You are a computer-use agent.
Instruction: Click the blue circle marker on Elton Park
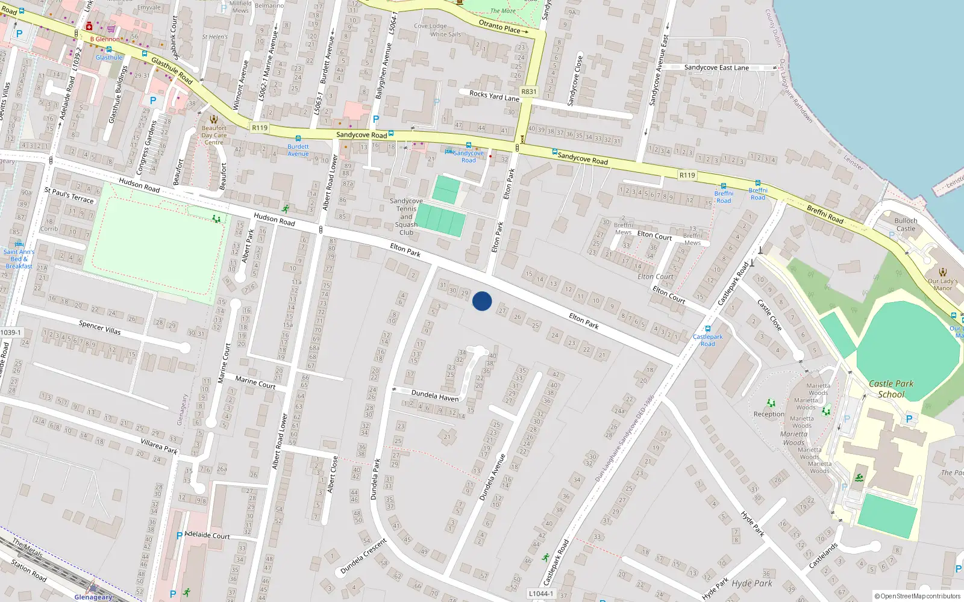coord(482,301)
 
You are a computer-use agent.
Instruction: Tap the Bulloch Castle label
coord(906,225)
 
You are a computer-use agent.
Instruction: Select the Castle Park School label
coord(891,389)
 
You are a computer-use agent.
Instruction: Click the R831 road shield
coord(528,92)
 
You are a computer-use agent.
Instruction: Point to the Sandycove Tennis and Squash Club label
coord(406,217)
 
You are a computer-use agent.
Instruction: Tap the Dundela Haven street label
coord(434,396)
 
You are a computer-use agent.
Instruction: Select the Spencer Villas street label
coord(100,327)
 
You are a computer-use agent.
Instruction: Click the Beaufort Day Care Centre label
coord(214,135)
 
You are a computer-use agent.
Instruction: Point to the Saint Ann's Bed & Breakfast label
coord(19,259)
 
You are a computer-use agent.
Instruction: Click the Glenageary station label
coord(93,597)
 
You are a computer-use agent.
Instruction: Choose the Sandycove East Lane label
coord(716,67)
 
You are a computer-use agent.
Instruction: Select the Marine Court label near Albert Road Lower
coord(255,382)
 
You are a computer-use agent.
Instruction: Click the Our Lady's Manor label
coord(943,284)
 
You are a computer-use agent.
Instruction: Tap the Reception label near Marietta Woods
coord(769,414)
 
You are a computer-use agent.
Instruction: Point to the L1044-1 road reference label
coord(540,594)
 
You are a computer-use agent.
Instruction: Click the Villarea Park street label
coord(159,446)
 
